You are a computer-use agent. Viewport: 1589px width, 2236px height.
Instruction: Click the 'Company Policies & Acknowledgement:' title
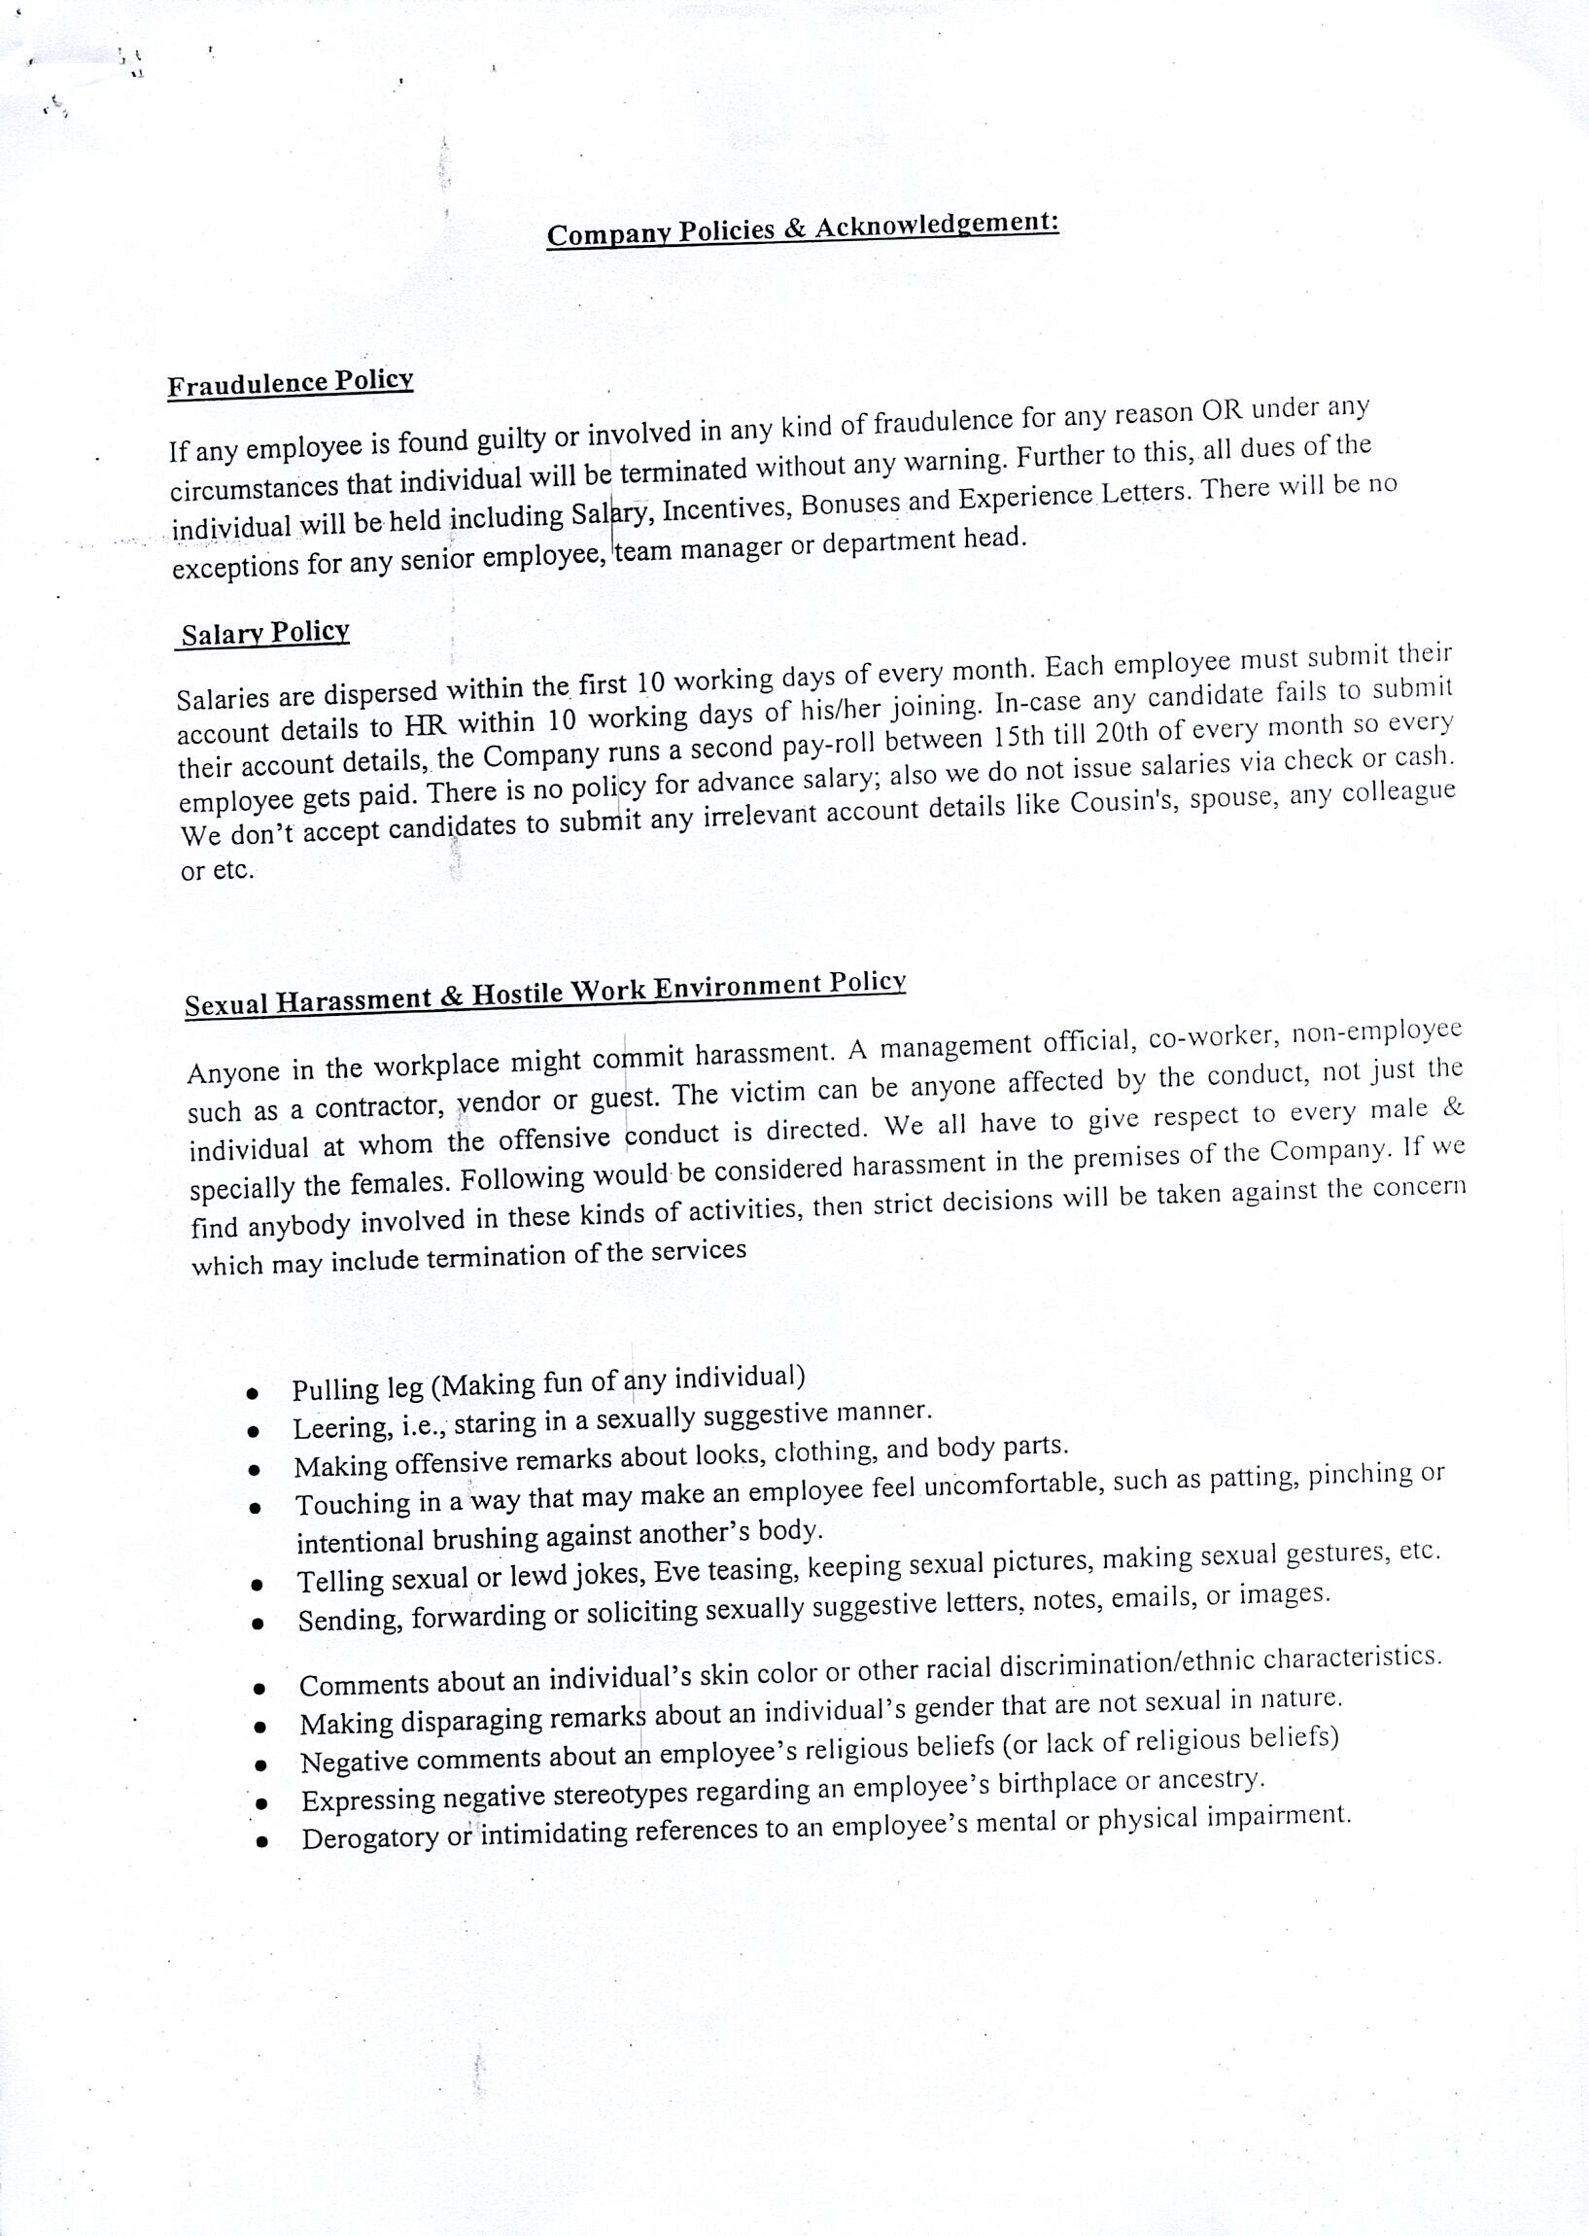(x=803, y=229)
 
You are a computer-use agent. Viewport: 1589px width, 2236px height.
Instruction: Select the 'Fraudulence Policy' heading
(x=290, y=383)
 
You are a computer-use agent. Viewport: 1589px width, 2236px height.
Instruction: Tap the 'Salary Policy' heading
(x=265, y=633)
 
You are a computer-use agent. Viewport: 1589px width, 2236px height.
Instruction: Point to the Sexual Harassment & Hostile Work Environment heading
(x=545, y=995)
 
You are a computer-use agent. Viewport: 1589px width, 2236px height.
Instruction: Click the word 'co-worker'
(x=1211, y=1038)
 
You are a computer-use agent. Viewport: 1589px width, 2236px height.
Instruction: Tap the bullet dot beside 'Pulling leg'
(x=254, y=1392)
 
